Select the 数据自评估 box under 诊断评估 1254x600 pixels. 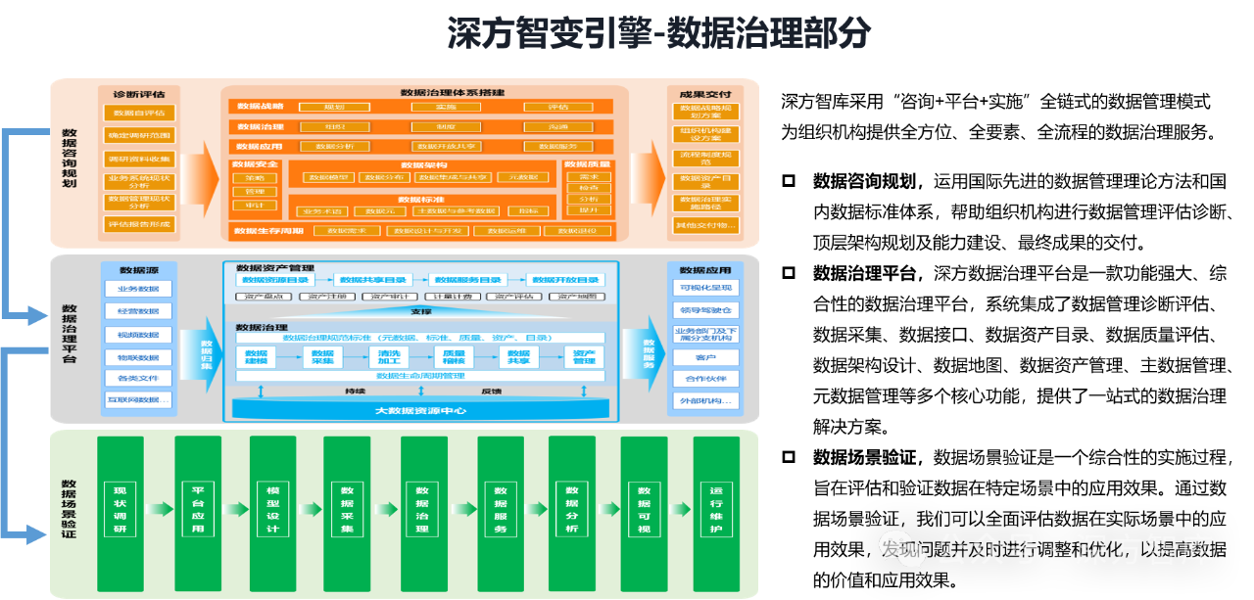[x=139, y=113]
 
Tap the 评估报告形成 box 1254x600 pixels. [x=139, y=224]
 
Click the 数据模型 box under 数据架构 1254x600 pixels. [x=328, y=177]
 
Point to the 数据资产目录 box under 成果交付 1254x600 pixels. [x=705, y=181]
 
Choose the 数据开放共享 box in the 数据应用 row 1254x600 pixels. [x=446, y=146]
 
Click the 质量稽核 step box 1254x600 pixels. [x=454, y=357]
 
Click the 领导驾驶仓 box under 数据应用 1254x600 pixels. [x=705, y=310]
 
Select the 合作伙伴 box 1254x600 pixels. [x=705, y=378]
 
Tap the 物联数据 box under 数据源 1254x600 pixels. [x=138, y=356]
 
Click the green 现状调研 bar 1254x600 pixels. [x=121, y=513]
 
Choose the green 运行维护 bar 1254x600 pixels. [x=716, y=513]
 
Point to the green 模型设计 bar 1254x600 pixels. [x=272, y=513]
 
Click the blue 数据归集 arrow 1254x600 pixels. [x=207, y=352]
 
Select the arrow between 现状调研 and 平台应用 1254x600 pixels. [x=159, y=509]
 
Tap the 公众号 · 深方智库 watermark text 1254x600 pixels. [x=1073, y=550]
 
